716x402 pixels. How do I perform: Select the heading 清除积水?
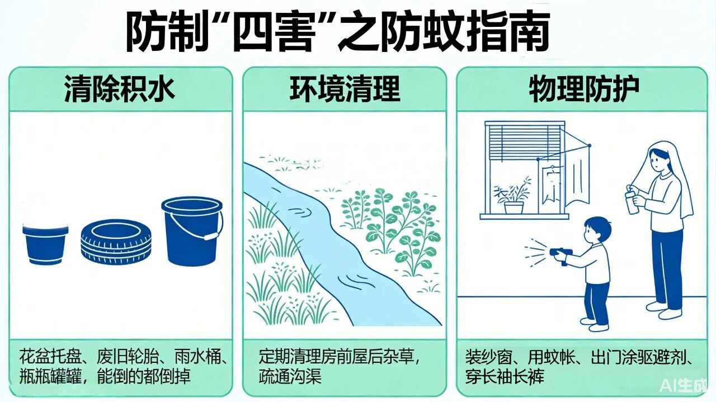(x=120, y=89)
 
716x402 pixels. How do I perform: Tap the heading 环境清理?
(x=345, y=89)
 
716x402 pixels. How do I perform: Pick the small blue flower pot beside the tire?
(x=45, y=244)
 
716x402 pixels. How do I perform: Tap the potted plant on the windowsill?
(x=513, y=196)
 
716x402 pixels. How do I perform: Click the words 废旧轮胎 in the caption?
(x=128, y=357)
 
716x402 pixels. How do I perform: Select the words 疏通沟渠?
(x=290, y=376)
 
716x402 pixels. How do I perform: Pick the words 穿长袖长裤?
(x=505, y=376)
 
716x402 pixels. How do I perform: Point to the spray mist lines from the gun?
(x=535, y=253)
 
